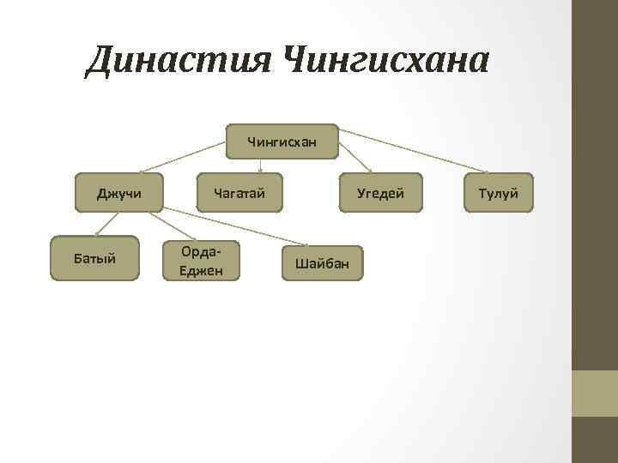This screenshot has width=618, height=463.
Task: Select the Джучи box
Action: pos(119,193)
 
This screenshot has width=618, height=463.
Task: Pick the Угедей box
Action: pos(380,193)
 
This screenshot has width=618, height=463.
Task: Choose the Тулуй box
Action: pos(498,193)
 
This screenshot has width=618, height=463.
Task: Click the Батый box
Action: pos(94,258)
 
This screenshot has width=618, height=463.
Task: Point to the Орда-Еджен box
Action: pos(201,259)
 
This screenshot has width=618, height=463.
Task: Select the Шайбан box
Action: pos(322,262)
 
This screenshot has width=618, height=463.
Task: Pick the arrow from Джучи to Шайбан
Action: pos(240,227)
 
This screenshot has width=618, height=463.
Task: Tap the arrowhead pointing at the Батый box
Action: pos(97,232)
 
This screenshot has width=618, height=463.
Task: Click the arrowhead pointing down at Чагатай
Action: pos(261,170)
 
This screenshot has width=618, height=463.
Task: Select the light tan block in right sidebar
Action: pos(595,393)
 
